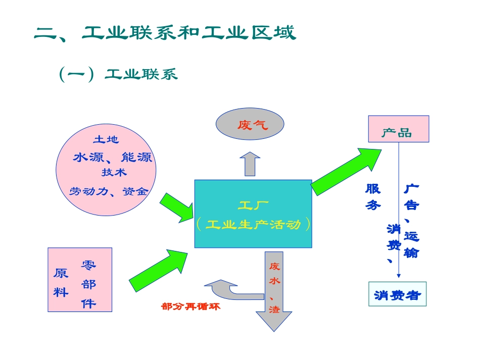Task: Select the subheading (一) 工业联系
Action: click(118, 74)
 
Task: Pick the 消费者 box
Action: click(397, 294)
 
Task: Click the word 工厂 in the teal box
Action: click(253, 205)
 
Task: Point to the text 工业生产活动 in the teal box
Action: click(253, 224)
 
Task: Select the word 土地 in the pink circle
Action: click(106, 139)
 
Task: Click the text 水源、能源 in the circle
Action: click(112, 157)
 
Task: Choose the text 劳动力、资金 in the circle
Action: click(108, 191)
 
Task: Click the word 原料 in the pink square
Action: click(61, 282)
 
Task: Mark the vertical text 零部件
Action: click(88, 284)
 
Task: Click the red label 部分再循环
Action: click(190, 306)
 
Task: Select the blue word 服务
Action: click(373, 197)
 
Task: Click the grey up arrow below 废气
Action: click(250, 163)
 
